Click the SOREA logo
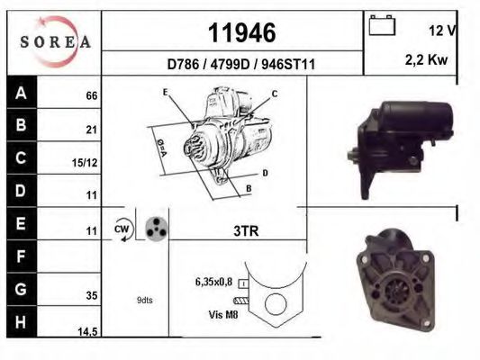[55, 41]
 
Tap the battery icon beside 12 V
[382, 27]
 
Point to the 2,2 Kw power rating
[428, 60]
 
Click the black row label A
[21, 93]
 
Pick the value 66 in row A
[91, 95]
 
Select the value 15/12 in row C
[86, 163]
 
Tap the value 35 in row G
[91, 293]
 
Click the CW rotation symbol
[122, 229]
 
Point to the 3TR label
[246, 231]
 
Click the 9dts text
[144, 300]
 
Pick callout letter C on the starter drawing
[275, 94]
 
